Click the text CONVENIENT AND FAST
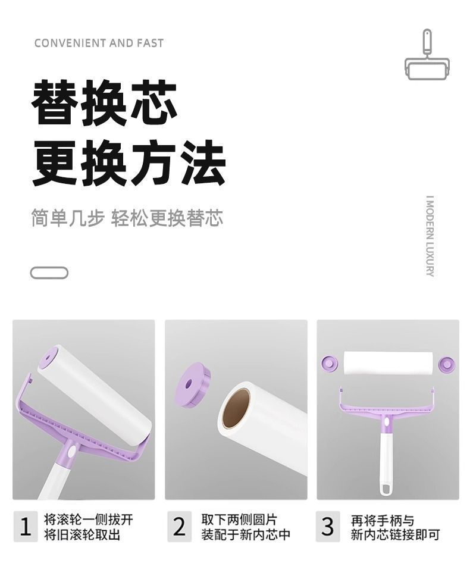coord(99,43)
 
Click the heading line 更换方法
coord(128,162)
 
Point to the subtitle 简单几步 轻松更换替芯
coord(127,218)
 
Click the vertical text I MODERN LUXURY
coord(430,236)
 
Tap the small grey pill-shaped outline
coord(49,273)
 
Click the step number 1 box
coord(25,527)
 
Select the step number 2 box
coord(179,527)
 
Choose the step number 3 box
coord(328,527)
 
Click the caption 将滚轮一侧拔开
coord(89,519)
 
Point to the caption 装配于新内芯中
coord(245,534)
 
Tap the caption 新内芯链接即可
coord(395,534)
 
